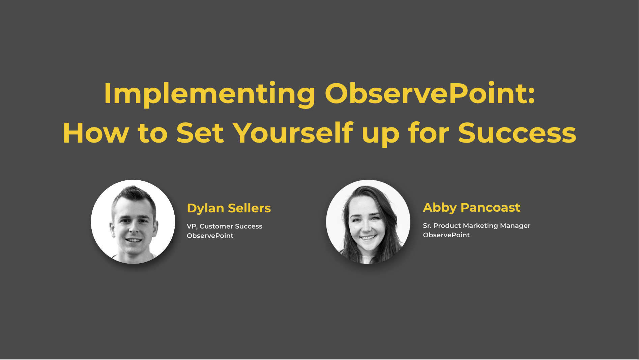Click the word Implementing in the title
coord(209,94)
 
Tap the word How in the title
coord(96,133)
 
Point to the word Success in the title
coord(517,133)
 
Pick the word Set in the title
coord(200,133)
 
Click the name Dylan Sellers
coord(229,208)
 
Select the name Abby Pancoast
coord(472,208)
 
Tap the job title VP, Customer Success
coord(225,226)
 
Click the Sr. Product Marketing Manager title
coord(477,226)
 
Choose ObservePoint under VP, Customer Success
coord(210,236)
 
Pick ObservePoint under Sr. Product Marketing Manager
coord(446,235)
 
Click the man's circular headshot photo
coord(133,222)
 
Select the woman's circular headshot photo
coord(368,222)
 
